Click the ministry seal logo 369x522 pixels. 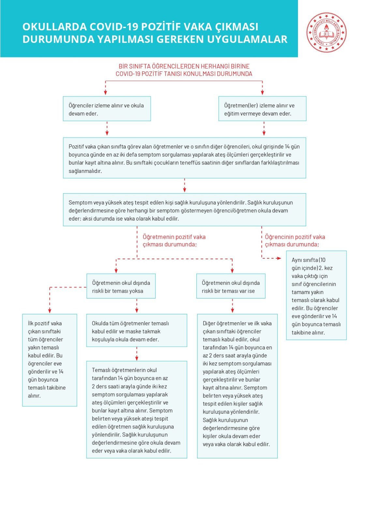point(326,33)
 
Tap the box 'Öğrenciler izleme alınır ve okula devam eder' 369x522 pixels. point(107,109)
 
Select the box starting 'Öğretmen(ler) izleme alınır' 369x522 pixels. point(262,109)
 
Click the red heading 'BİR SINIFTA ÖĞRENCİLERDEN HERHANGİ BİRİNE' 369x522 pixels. point(184,66)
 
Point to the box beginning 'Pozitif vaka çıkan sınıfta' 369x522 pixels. point(184,158)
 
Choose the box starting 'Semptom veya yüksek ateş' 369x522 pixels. point(184,210)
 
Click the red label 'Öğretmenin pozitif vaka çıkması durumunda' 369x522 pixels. point(174,241)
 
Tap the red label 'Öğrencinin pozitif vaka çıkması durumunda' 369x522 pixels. point(295,241)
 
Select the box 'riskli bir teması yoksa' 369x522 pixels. point(121,286)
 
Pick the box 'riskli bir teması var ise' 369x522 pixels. point(230,286)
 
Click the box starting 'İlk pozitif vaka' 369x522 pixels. point(50,360)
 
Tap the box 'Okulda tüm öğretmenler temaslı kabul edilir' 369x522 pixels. point(136,330)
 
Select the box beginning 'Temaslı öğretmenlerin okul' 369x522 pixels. point(136,410)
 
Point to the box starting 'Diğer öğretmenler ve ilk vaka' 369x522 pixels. point(237,386)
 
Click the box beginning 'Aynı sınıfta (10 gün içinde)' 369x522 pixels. point(316,296)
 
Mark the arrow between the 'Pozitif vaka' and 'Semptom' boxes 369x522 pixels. point(184,186)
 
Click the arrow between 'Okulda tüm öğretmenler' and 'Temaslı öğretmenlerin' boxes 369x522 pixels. point(137,354)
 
